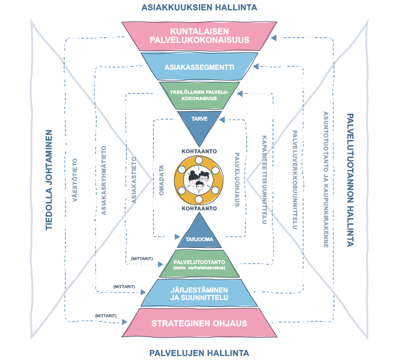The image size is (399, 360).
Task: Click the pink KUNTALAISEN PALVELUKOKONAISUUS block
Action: tap(198, 35)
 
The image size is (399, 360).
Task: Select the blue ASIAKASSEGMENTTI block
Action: tap(198, 67)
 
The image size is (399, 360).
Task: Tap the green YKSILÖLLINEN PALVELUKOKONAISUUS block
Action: tap(198, 94)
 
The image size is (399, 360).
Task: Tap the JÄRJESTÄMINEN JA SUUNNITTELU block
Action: tap(198, 293)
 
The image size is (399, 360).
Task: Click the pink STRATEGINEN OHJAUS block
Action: tap(198, 323)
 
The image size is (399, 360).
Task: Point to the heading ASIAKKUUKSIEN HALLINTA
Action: tap(199, 7)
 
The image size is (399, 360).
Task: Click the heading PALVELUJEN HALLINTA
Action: tap(198, 353)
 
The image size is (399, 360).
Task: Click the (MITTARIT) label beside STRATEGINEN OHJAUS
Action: tap(106, 315)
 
